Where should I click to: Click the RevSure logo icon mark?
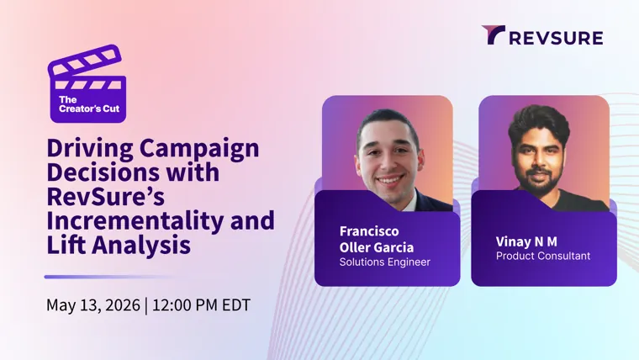pyautogui.click(x=493, y=34)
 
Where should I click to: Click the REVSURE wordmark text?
pyautogui.click(x=557, y=38)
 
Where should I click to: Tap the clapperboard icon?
pyautogui.click(x=87, y=83)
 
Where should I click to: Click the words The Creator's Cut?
pyautogui.click(x=89, y=104)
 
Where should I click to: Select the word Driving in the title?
pyautogui.click(x=90, y=148)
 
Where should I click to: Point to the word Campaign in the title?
pyautogui.click(x=199, y=149)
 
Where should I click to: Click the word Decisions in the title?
pyautogui.click(x=103, y=172)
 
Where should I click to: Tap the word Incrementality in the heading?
pyautogui.click(x=135, y=221)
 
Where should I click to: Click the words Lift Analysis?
pyautogui.click(x=119, y=246)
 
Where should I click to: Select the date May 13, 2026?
pyautogui.click(x=93, y=305)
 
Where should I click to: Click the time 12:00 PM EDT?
pyautogui.click(x=201, y=305)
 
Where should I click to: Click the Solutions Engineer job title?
pyautogui.click(x=385, y=262)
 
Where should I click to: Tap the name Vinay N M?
pyautogui.click(x=526, y=241)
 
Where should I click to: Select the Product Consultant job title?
pyautogui.click(x=543, y=256)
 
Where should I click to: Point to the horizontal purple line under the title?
pyautogui.click(x=108, y=277)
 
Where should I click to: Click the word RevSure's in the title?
pyautogui.click(x=106, y=197)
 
